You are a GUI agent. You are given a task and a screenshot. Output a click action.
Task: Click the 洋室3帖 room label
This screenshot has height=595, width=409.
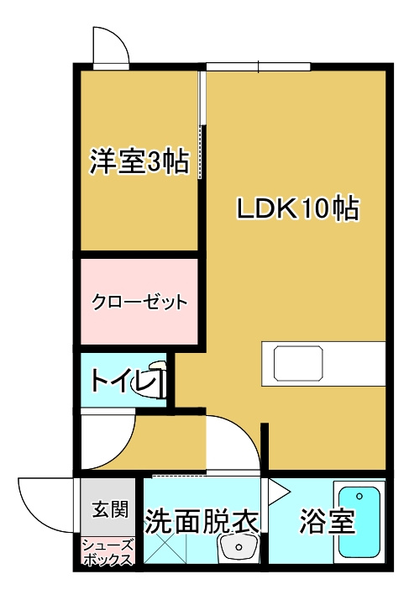click(139, 161)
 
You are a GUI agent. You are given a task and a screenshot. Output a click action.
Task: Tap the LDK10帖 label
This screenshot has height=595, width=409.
click(297, 208)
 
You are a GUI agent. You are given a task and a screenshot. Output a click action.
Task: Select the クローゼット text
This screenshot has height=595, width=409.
click(139, 302)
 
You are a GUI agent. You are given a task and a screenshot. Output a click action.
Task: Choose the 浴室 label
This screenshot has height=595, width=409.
click(328, 522)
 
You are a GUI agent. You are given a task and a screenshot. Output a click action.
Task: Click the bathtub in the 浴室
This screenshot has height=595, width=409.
click(360, 522)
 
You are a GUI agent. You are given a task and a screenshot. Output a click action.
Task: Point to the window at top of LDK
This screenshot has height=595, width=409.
click(258, 66)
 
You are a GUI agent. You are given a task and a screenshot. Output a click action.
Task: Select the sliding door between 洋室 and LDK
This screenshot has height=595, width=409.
click(202, 126)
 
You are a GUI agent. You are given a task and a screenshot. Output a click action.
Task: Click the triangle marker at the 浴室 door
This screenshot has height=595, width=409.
click(275, 487)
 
